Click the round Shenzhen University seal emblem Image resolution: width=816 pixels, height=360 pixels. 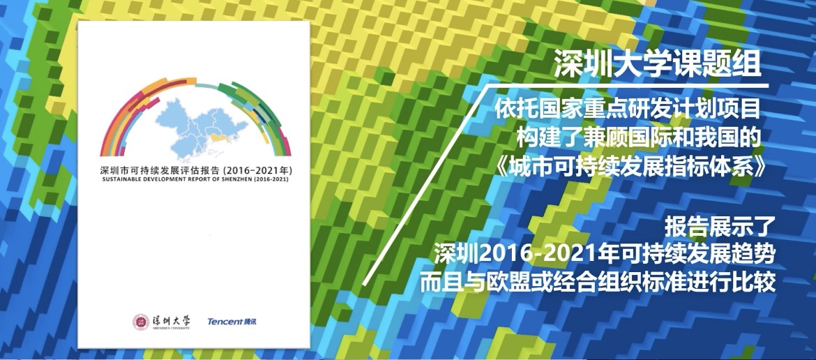142,322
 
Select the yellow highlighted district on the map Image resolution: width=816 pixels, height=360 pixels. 221,140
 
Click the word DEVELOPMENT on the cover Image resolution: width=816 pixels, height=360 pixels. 164,179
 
